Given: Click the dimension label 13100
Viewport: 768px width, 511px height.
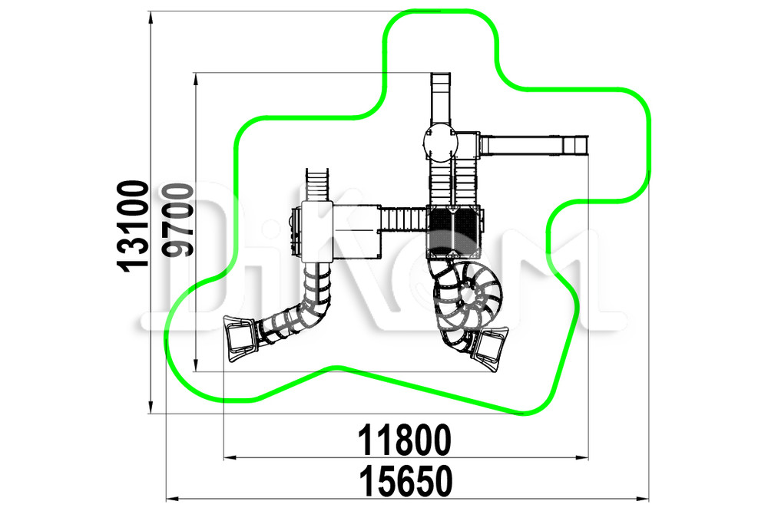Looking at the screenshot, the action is click(x=133, y=226).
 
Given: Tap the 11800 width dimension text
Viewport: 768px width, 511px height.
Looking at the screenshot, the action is click(x=405, y=440).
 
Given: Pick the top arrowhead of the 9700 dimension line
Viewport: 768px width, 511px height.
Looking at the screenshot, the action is click(x=196, y=80).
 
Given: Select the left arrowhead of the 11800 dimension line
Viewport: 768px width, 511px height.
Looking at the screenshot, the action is click(x=230, y=458).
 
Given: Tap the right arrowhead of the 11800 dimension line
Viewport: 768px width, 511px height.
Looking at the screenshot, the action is click(x=581, y=458).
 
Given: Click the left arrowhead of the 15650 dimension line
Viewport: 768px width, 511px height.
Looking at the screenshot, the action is click(x=173, y=499).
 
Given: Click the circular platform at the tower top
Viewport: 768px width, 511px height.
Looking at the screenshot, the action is click(x=440, y=143).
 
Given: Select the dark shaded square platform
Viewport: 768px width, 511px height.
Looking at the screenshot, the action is click(x=454, y=232).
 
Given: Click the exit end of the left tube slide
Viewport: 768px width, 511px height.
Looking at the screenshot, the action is click(x=240, y=338).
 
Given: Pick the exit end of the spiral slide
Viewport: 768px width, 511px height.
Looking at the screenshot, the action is click(x=489, y=349).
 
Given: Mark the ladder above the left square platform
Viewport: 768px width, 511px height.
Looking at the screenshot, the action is click(x=317, y=185).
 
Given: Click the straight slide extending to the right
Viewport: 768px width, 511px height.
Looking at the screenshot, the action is click(x=534, y=145).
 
